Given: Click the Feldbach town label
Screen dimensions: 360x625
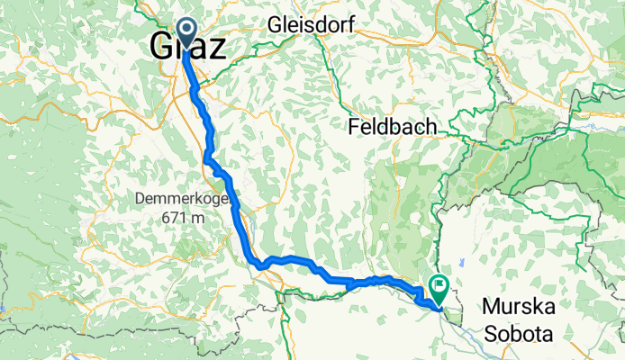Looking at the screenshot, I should tap(392, 128).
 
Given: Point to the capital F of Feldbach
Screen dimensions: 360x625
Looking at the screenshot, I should tap(353, 128).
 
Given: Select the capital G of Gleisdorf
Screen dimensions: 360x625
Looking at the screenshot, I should tap(275, 25).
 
